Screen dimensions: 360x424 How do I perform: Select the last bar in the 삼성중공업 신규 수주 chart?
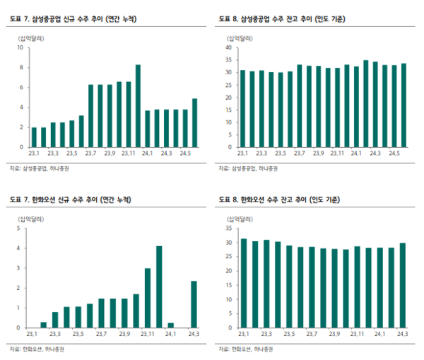(x=195, y=123)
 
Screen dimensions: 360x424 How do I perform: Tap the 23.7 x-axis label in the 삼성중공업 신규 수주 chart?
(x=90, y=153)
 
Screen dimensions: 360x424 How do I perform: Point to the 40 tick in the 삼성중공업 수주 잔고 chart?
(x=230, y=48)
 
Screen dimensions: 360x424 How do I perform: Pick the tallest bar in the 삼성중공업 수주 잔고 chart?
(x=366, y=104)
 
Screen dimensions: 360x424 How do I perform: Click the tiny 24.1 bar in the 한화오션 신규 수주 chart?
(x=171, y=325)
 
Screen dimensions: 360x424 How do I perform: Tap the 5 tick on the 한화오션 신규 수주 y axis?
(x=18, y=228)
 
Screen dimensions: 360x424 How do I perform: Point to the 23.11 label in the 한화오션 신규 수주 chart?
(x=148, y=334)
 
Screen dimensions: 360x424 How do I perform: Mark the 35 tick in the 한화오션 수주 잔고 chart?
(x=230, y=228)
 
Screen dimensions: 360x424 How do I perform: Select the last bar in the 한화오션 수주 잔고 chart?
(x=403, y=286)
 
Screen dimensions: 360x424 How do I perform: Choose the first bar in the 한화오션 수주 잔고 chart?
(x=244, y=284)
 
